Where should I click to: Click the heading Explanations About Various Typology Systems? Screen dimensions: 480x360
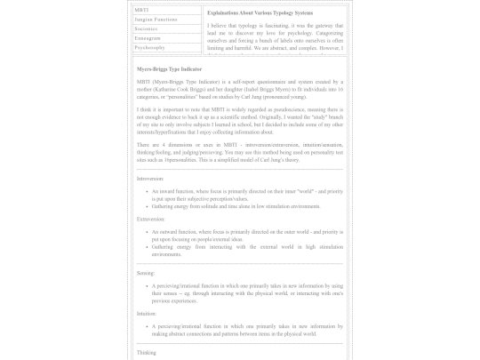click(x=260, y=13)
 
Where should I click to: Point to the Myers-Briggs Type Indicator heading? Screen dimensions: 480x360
click(x=169, y=68)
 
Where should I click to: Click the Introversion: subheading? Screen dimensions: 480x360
click(x=150, y=179)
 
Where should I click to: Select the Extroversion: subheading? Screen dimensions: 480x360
click(x=151, y=218)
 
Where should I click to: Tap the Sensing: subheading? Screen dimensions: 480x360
click(x=146, y=273)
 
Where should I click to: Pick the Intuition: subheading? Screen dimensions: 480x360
click(x=147, y=313)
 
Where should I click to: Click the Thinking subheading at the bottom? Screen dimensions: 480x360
click(x=147, y=353)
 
